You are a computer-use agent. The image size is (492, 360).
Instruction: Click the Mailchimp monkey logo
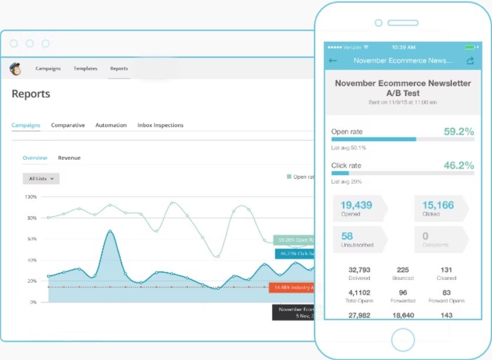[x=15, y=68]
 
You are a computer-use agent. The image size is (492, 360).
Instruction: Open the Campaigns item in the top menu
[x=48, y=69]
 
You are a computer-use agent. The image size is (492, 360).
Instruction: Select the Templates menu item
[x=85, y=69]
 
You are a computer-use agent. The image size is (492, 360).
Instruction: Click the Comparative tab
[x=68, y=125]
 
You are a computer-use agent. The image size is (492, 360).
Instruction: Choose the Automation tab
[x=111, y=125]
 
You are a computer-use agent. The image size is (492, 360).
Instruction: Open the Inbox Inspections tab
[x=160, y=125]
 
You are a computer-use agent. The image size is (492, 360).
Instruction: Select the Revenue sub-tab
[x=69, y=158]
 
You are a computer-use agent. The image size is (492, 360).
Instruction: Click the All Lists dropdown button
[x=41, y=178]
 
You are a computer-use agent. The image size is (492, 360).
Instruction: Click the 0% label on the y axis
[x=32, y=302]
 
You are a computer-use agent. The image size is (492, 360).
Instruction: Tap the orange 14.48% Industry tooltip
[x=292, y=288]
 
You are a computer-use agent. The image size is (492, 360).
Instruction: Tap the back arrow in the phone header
[x=333, y=61]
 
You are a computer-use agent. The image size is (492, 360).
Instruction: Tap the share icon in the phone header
[x=470, y=61]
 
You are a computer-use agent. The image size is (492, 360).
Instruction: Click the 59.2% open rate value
[x=458, y=131]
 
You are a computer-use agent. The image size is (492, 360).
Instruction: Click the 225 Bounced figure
[x=403, y=273]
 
